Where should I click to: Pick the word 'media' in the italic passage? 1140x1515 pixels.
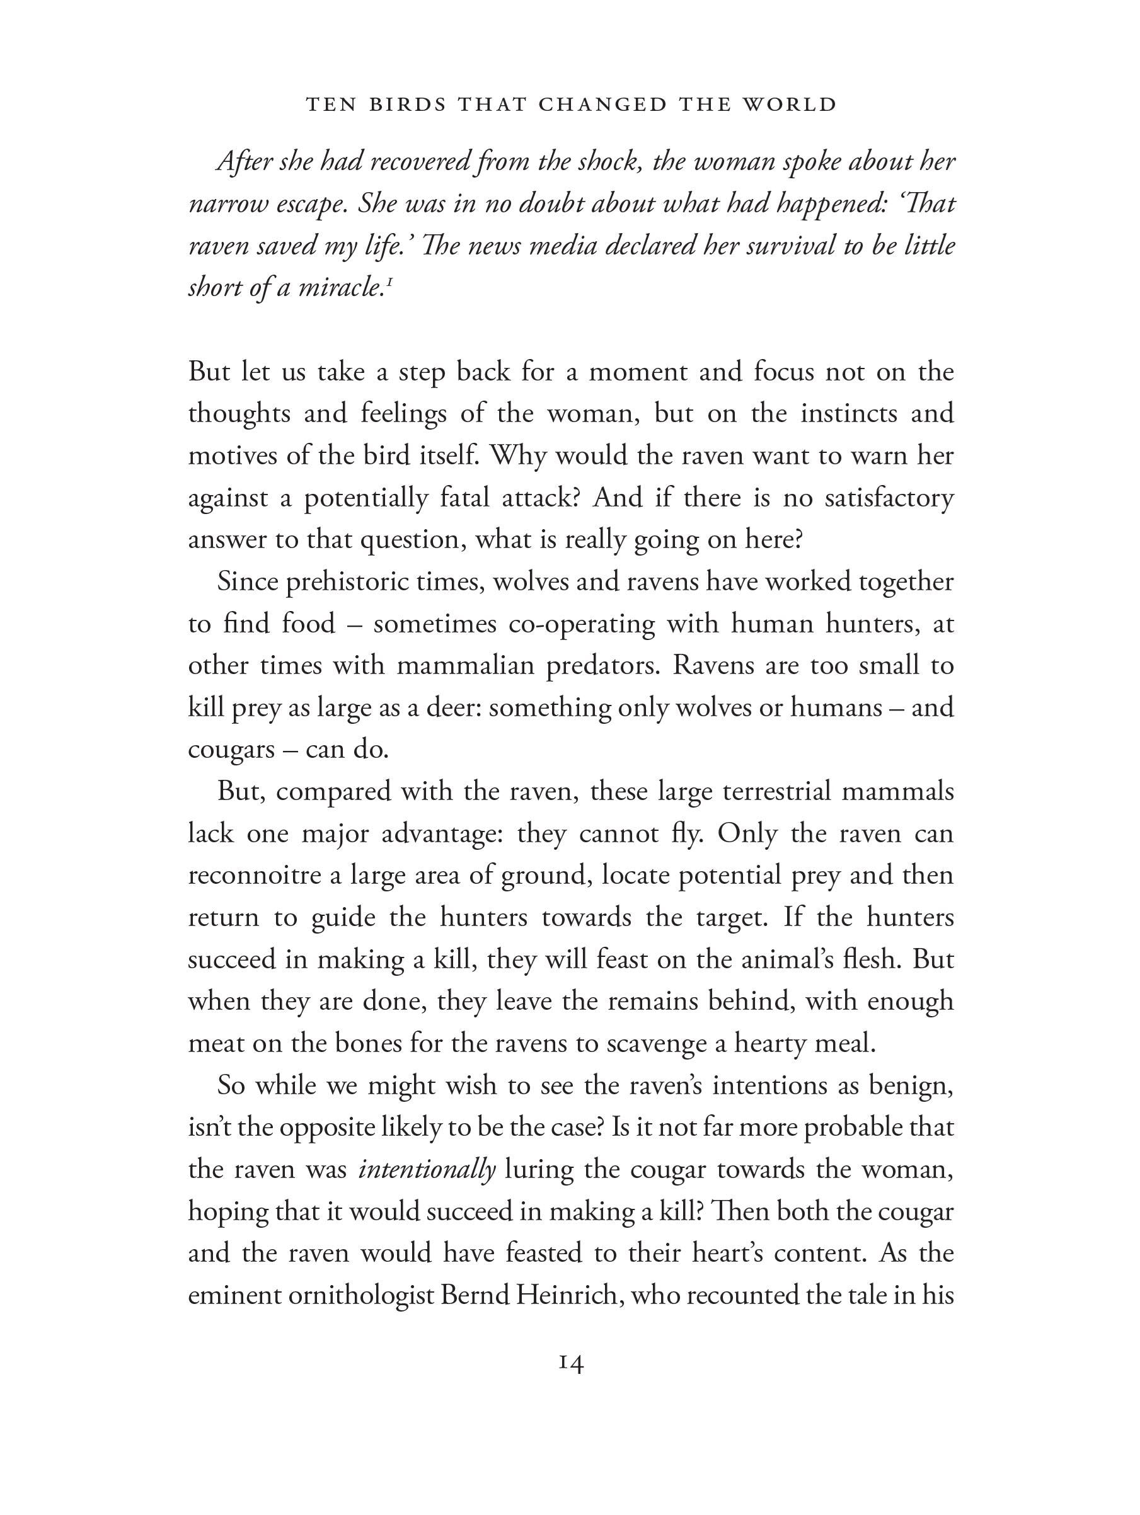[x=564, y=246]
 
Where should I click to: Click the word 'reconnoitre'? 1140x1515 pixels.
[x=254, y=876]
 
